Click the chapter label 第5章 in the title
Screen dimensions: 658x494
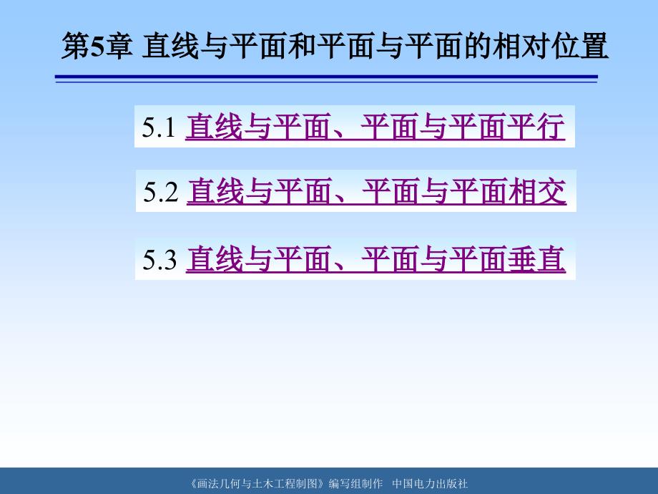[97, 46]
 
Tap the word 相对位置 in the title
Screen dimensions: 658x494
[551, 46]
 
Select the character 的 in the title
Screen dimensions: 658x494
[478, 46]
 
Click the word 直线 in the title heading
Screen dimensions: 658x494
[171, 46]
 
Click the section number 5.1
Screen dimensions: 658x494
[159, 127]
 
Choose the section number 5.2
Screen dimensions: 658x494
[160, 192]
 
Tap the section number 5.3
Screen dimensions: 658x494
[159, 259]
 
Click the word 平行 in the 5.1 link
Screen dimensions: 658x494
[536, 127]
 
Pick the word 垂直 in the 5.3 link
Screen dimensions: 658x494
[536, 259]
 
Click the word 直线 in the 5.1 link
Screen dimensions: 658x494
[215, 127]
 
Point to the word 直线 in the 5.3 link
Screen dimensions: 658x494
[215, 259]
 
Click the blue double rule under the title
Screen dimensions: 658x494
[326, 79]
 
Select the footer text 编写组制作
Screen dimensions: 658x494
[356, 483]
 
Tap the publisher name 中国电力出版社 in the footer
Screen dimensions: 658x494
[430, 483]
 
